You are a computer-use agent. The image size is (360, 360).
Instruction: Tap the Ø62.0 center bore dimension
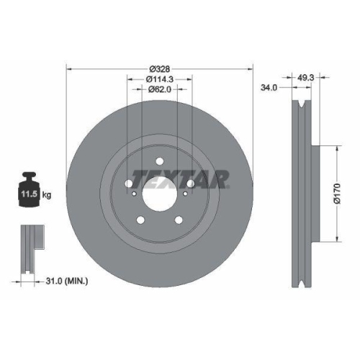159,91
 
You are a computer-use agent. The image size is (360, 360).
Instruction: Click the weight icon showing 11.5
29,191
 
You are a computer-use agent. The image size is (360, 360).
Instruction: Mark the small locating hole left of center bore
130,192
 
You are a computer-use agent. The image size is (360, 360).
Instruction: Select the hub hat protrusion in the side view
314,194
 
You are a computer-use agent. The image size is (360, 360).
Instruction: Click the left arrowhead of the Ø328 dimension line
69,70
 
